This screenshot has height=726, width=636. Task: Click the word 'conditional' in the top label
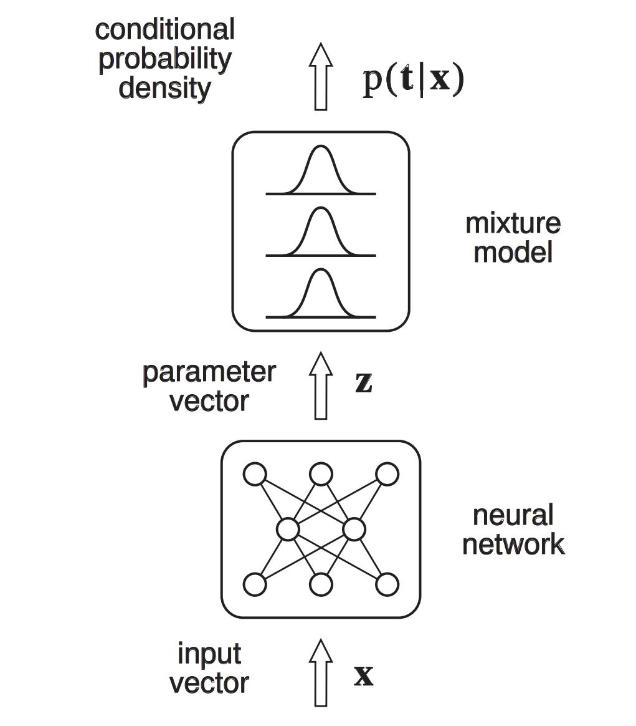click(164, 29)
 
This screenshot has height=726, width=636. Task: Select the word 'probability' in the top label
click(164, 59)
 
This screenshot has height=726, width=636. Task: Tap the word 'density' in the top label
click(164, 88)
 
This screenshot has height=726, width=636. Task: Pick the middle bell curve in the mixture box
click(320, 231)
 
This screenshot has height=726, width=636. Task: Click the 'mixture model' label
click(513, 238)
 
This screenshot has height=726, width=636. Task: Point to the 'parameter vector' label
click(209, 387)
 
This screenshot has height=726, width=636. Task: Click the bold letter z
click(363, 384)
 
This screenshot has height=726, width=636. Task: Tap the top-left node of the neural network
click(255, 474)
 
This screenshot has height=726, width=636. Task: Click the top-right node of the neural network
click(387, 474)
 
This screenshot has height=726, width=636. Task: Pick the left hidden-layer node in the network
click(288, 530)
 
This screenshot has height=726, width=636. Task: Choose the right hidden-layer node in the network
click(354, 530)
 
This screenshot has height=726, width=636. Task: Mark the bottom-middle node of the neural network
click(321, 585)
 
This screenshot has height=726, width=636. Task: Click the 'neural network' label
click(513, 530)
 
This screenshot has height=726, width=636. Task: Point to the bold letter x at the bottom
click(363, 676)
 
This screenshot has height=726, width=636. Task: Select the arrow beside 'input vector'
click(321, 672)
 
